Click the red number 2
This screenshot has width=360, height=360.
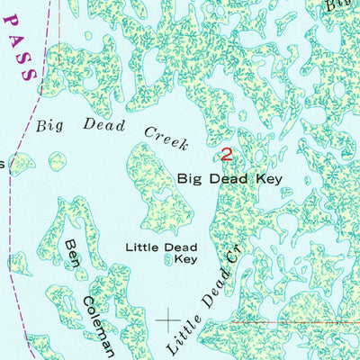tap(226, 155)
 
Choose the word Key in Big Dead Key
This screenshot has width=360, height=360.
tap(267, 179)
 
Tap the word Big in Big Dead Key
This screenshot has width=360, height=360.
tap(191, 179)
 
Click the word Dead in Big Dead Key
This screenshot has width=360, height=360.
tap(229, 179)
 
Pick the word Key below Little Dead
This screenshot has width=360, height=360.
tap(185, 259)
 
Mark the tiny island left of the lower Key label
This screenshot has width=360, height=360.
tap(169, 259)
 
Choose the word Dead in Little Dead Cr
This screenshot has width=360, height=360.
tap(212, 293)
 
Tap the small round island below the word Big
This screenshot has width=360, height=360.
tap(57, 162)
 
